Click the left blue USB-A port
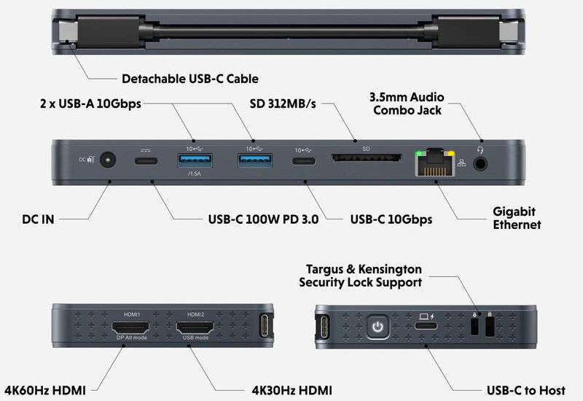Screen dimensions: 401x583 (192, 160)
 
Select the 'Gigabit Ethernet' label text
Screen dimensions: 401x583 (517, 218)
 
